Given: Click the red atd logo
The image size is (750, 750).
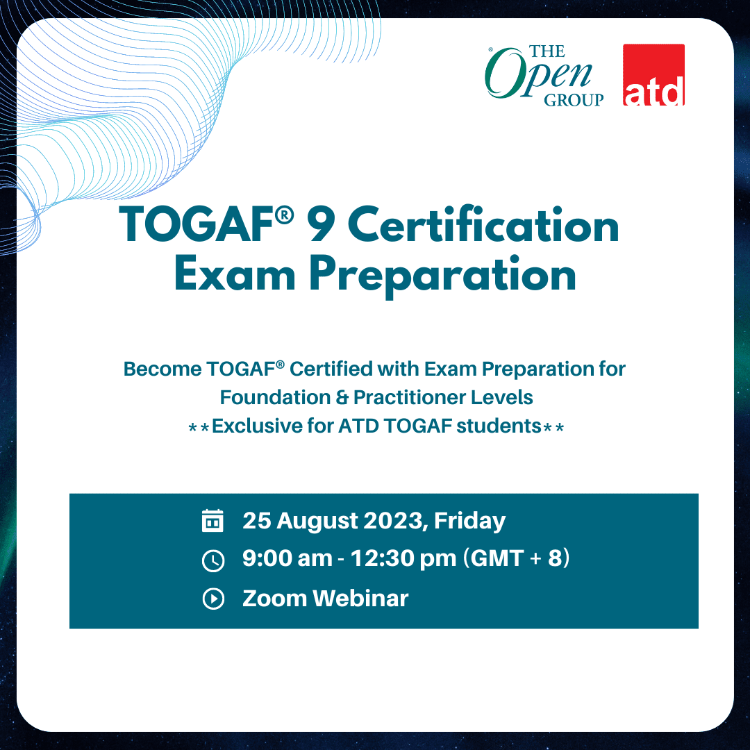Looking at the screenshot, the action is point(653,74).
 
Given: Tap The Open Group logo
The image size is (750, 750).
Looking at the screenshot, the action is point(544,76).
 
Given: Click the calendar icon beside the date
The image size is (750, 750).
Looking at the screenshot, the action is point(213,521).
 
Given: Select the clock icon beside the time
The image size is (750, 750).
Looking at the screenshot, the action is point(213,560).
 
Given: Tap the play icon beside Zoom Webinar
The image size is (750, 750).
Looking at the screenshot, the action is point(213,599).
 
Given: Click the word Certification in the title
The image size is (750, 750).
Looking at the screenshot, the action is point(483,224).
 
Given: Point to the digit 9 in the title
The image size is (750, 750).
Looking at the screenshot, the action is point(322,225).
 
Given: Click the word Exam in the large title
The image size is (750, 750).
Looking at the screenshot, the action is point(235,274).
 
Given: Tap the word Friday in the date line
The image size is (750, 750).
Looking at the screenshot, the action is point(469,521).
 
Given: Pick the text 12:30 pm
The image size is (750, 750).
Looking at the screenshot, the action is point(403,558).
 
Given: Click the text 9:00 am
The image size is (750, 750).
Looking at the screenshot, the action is point(287,558).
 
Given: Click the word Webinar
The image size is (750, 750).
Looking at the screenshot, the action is point(360,599).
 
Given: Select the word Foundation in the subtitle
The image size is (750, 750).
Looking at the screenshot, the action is point(275,397).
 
